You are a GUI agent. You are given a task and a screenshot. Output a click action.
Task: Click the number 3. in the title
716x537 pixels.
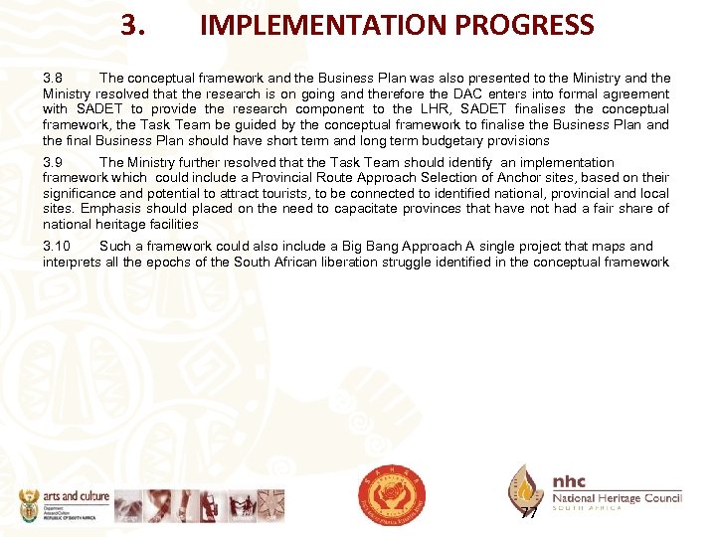(x=134, y=25)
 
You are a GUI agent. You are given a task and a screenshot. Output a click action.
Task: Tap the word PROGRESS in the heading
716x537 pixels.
(x=530, y=25)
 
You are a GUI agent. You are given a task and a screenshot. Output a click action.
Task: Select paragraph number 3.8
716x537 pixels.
(x=53, y=78)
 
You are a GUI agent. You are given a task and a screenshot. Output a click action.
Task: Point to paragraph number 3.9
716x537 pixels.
(x=53, y=162)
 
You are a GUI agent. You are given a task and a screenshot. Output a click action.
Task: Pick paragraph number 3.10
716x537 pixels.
(x=56, y=246)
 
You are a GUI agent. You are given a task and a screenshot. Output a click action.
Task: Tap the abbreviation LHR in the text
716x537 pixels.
(x=436, y=109)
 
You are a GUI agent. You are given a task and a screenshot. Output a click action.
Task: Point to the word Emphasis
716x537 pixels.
(x=110, y=209)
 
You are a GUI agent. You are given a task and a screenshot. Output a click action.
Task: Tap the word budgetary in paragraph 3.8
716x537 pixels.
(x=467, y=141)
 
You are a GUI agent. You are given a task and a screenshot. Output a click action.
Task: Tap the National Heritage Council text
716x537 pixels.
(x=617, y=497)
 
